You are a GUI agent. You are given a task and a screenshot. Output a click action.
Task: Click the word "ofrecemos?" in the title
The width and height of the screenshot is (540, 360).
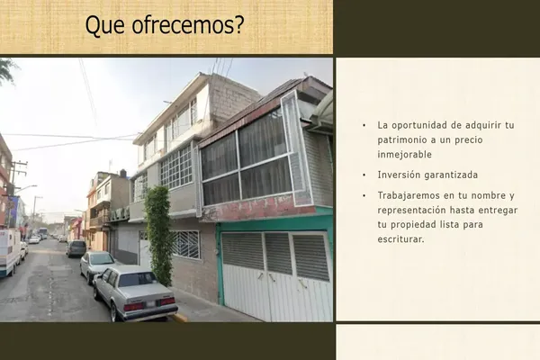pos(188,25)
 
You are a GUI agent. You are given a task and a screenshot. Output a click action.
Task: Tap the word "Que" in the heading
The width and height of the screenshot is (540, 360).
pos(104,25)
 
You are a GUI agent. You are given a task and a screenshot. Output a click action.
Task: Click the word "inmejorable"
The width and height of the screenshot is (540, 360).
pos(404,154)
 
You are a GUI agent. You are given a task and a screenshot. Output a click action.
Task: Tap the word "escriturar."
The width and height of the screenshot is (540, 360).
pos(400,239)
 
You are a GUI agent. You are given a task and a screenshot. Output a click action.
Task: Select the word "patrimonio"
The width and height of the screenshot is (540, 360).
pos(401,140)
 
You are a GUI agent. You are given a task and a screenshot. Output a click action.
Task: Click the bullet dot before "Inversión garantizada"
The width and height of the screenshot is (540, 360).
pos(364,175)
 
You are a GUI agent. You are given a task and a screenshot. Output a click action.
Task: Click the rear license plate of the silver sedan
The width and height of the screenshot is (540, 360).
pos(150,304)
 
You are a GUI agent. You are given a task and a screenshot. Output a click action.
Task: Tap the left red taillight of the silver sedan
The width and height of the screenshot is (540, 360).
pos(133,306)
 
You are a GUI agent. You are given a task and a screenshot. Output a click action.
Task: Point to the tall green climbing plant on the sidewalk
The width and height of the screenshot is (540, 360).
pos(158,235)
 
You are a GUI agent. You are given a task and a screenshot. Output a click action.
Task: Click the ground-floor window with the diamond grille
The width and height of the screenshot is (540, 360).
pos(185,244)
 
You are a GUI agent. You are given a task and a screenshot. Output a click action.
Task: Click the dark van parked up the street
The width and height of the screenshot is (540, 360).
pos(76,248)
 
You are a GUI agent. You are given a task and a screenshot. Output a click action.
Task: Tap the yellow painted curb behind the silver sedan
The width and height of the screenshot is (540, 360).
pos(180,318)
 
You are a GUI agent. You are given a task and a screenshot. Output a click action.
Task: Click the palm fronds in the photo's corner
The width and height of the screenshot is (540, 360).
pos(6,70)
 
